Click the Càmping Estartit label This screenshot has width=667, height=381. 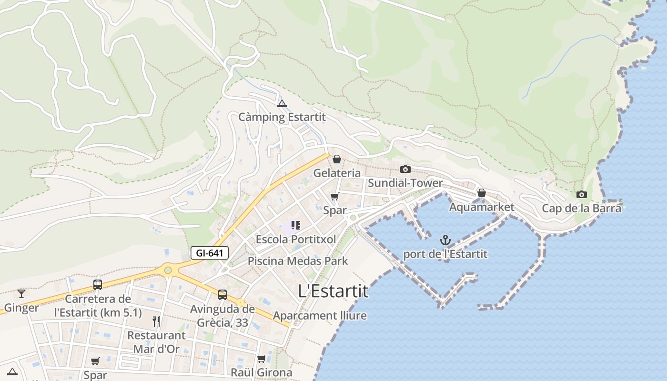[x=282, y=117]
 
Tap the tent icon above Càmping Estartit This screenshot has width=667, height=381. [x=282, y=103]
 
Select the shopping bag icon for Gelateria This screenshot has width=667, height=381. [x=337, y=159]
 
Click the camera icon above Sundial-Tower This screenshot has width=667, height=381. [x=405, y=169]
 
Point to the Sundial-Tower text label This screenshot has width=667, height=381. [x=405, y=183]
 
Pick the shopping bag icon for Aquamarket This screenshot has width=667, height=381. [x=482, y=193]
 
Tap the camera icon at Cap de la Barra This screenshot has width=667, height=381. [x=581, y=194]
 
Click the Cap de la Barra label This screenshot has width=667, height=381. [x=582, y=208]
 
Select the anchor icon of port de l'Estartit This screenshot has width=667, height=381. [x=445, y=240]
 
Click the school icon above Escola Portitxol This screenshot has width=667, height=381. [x=295, y=225]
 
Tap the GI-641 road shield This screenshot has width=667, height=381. [x=210, y=253]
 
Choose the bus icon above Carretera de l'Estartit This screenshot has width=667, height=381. [x=98, y=285]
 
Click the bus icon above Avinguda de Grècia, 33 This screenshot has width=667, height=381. [x=222, y=294]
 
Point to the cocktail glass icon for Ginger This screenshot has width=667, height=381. [x=21, y=293]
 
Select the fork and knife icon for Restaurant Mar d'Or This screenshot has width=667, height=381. [x=156, y=321]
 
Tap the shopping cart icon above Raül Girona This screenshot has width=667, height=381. [x=261, y=359]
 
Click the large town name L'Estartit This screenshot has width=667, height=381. [x=333, y=291]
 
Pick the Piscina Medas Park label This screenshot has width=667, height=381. [x=298, y=261]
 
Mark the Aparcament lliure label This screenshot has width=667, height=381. [x=320, y=315]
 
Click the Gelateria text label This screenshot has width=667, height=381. [x=337, y=173]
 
